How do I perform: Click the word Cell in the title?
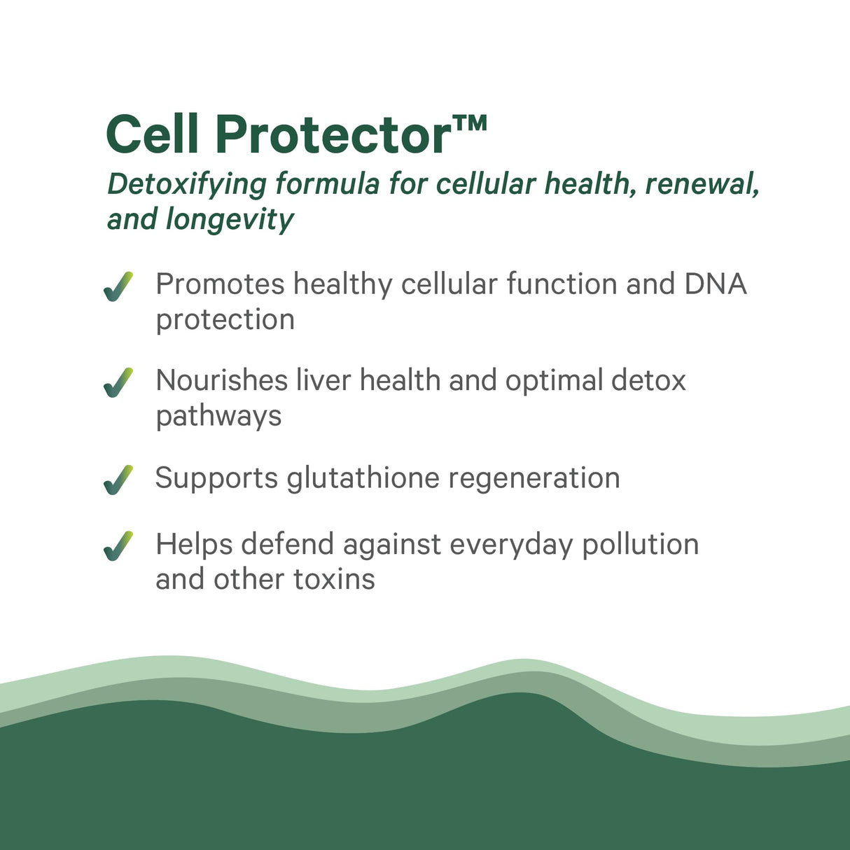click(x=152, y=134)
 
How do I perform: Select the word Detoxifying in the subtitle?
click(x=187, y=184)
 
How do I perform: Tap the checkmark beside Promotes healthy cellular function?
click(x=118, y=287)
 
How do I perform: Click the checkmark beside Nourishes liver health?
click(x=118, y=383)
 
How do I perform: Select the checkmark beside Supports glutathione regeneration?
click(x=118, y=480)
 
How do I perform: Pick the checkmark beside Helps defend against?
click(x=118, y=546)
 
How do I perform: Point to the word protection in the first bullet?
click(x=225, y=321)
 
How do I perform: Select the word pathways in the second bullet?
click(x=218, y=417)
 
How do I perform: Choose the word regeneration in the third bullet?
click(x=534, y=479)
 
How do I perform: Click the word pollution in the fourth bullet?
click(x=640, y=545)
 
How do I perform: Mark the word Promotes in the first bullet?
click(x=220, y=284)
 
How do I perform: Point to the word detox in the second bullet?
click(x=648, y=380)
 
